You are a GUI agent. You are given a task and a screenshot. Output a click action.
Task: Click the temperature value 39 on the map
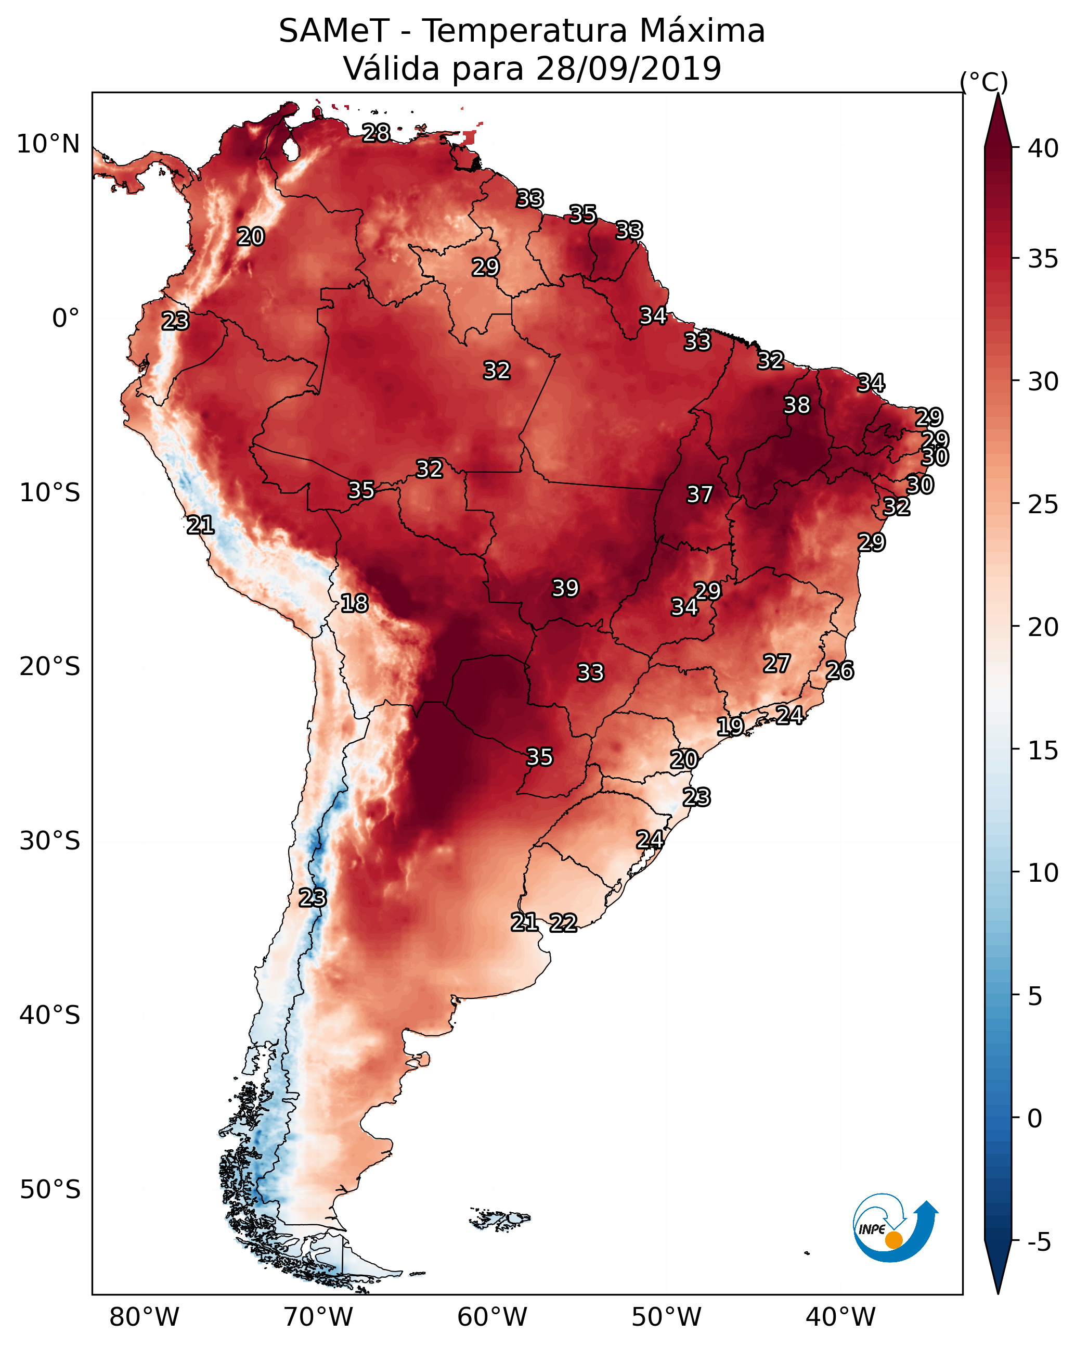pyautogui.click(x=565, y=588)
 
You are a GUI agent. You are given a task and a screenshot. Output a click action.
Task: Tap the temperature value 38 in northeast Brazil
pyautogui.click(x=797, y=405)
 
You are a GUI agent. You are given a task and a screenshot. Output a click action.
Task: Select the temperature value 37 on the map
pyautogui.click(x=700, y=494)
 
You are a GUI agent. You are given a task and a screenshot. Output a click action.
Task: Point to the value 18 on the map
pyautogui.click(x=354, y=603)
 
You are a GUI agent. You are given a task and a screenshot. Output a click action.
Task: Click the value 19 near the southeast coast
pyautogui.click(x=730, y=726)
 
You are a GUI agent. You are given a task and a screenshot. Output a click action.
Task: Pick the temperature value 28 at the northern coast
pyautogui.click(x=376, y=133)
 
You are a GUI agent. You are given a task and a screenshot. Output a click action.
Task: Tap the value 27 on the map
pyautogui.click(x=777, y=664)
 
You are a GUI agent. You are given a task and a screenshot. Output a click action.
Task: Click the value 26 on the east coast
pyautogui.click(x=840, y=670)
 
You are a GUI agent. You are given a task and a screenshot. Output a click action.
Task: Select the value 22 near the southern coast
pyautogui.click(x=563, y=923)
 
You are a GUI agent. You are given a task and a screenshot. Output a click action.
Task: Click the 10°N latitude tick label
pyautogui.click(x=48, y=144)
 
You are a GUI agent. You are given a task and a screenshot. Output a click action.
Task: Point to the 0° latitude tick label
pyautogui.click(x=66, y=319)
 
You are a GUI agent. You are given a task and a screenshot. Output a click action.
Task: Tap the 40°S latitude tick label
pyautogui.click(x=49, y=1015)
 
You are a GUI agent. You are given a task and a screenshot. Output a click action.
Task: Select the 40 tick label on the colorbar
pyautogui.click(x=1043, y=148)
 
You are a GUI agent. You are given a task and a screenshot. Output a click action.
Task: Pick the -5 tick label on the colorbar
pyautogui.click(x=1039, y=1242)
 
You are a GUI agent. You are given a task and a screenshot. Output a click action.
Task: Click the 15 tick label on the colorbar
pyautogui.click(x=1043, y=751)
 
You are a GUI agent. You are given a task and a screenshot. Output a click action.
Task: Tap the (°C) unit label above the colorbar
pyautogui.click(x=984, y=82)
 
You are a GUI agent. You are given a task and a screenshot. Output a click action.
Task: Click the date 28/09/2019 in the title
pyautogui.click(x=628, y=69)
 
